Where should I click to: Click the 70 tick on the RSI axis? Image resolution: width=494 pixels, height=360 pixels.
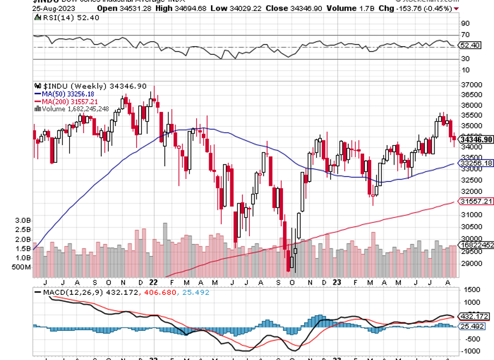465,35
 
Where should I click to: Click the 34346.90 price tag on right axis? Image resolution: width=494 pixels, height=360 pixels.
476,139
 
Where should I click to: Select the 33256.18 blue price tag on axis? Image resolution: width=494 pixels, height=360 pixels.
476,163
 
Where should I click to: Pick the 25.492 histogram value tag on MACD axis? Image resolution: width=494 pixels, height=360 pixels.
474,326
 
